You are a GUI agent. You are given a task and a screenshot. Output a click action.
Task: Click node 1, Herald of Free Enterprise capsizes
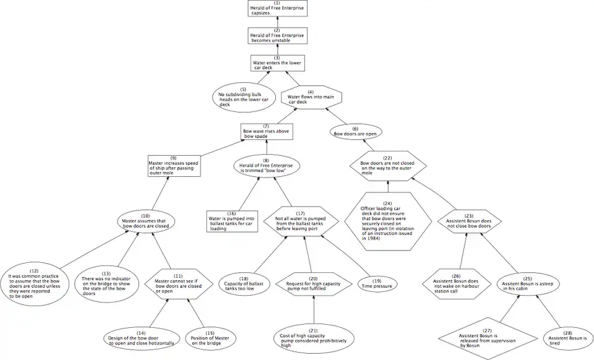(277, 9)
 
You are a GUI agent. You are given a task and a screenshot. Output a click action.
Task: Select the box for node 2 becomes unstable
(277, 36)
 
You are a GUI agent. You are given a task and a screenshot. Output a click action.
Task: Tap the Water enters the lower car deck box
(277, 63)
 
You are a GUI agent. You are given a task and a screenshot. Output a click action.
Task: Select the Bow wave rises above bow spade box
(266, 132)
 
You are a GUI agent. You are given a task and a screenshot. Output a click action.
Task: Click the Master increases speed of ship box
(174, 165)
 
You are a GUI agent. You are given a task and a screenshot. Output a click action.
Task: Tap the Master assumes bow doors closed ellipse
(147, 221)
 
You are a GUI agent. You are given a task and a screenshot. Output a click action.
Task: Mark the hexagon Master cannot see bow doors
(178, 284)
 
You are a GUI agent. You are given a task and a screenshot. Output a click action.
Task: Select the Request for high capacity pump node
(314, 284)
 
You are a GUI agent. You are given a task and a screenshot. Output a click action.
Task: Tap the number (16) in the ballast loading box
(231, 213)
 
